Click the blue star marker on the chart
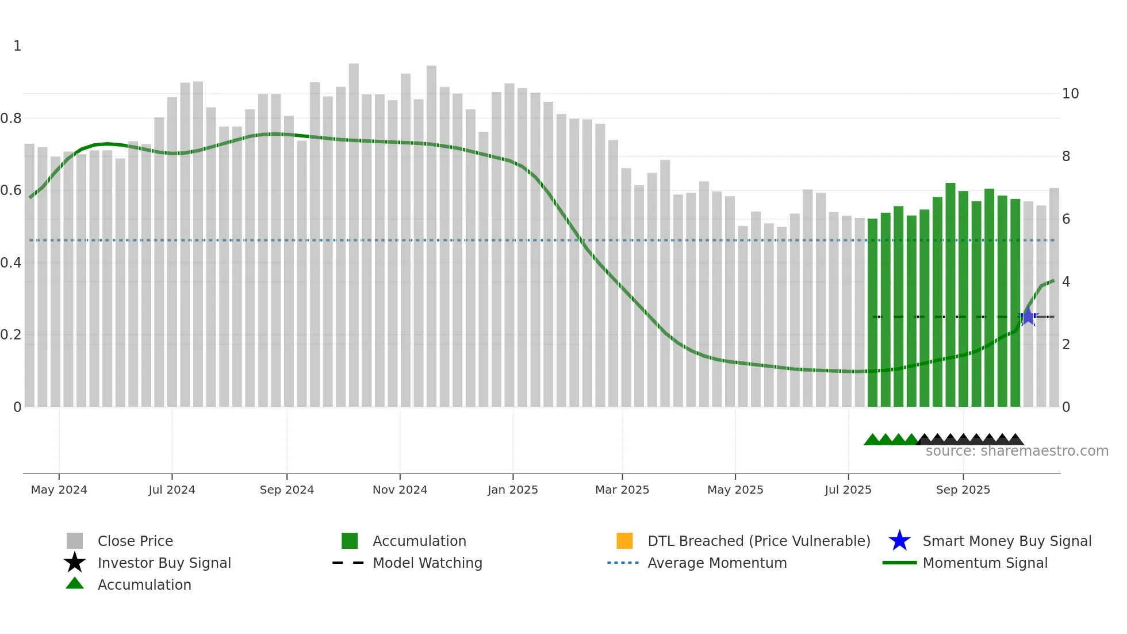pyautogui.click(x=1028, y=317)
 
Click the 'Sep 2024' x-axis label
pyautogui.click(x=286, y=490)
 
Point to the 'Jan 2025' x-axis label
pyautogui.click(x=512, y=490)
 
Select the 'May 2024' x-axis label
pyautogui.click(x=59, y=490)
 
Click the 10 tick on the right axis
pyautogui.click(x=1070, y=94)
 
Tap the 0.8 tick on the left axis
pyautogui.click(x=11, y=119)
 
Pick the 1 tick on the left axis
pyautogui.click(x=17, y=46)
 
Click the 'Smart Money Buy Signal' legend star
pyautogui.click(x=899, y=541)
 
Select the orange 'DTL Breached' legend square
pyautogui.click(x=624, y=541)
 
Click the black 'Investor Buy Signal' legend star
pyautogui.click(x=75, y=563)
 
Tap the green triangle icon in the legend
pyautogui.click(x=75, y=583)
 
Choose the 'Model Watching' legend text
pyautogui.click(x=427, y=563)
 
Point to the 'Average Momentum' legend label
pyautogui.click(x=717, y=563)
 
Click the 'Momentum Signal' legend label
pyautogui.click(x=985, y=563)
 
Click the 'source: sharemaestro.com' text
pyautogui.click(x=1017, y=451)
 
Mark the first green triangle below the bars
pyautogui.click(x=872, y=440)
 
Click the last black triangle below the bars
pyautogui.click(x=1015, y=440)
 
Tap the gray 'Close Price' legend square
pyautogui.click(x=75, y=541)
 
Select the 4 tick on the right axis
pyautogui.click(x=1066, y=282)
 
